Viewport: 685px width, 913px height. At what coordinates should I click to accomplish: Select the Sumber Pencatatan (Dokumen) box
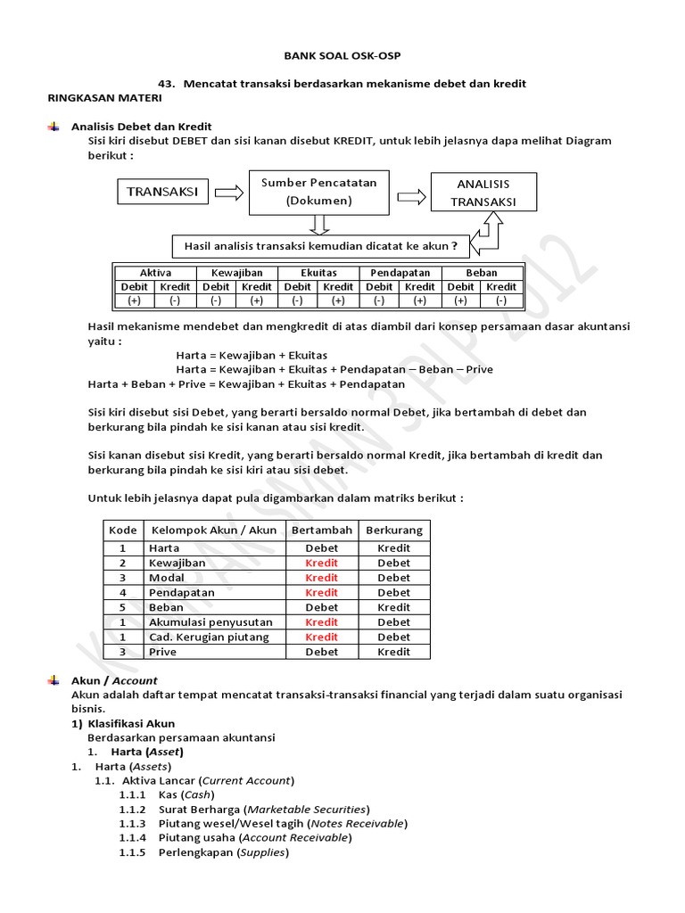[x=318, y=192]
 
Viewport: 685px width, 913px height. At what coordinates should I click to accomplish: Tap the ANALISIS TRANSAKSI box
[x=483, y=192]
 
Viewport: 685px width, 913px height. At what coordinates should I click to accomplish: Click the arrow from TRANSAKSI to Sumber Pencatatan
[x=228, y=192]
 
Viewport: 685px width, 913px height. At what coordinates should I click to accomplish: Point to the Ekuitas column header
[x=318, y=273]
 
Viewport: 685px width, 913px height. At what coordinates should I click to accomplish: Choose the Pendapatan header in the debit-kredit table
[x=400, y=273]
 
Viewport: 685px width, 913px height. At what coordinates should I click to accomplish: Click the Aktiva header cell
[x=155, y=273]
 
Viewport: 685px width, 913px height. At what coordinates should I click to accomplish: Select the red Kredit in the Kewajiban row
[x=321, y=563]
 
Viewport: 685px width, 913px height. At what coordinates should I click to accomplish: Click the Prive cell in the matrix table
[x=162, y=652]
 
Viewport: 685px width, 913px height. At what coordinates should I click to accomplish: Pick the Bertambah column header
[x=321, y=530]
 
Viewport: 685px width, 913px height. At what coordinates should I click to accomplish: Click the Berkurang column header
[x=394, y=530]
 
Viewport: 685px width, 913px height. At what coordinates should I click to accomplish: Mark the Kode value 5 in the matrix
[x=123, y=607]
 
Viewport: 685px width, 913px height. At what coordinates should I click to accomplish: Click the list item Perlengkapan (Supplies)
[x=223, y=852]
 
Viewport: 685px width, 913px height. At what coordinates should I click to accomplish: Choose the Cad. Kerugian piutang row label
[x=206, y=637]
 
